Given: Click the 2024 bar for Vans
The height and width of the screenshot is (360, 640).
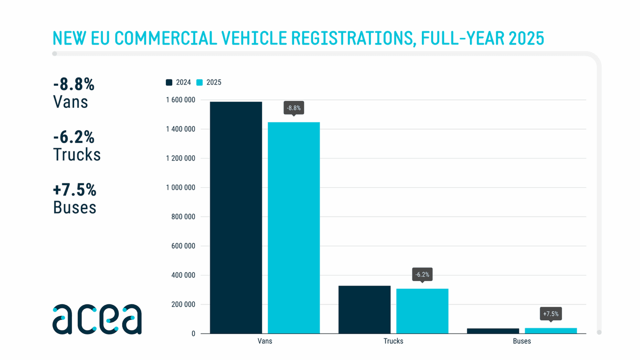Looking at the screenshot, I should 236,217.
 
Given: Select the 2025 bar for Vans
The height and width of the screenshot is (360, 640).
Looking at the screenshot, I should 293,228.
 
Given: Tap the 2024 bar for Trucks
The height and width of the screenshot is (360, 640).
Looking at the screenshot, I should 364,309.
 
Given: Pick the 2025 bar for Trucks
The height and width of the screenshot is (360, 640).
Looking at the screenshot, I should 422,311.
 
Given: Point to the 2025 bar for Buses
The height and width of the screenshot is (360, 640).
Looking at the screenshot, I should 550,331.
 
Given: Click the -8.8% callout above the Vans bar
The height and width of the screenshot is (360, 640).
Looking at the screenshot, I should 293,108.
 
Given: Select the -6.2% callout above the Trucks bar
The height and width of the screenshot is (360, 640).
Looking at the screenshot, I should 422,275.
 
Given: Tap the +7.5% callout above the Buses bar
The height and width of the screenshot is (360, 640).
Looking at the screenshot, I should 550,314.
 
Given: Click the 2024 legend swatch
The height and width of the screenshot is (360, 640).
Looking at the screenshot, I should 169,83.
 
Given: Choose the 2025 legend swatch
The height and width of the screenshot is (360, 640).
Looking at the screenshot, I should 200,83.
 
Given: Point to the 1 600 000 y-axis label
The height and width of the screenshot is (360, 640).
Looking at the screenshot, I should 180,100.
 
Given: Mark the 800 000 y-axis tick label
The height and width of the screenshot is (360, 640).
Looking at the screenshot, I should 183,217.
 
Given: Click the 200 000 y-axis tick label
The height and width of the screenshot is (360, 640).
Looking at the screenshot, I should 183,305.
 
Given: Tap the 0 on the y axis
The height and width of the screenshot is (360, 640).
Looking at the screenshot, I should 193,334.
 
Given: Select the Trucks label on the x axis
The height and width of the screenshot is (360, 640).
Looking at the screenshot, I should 393,341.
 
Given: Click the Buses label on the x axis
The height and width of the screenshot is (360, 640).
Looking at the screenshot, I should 522,341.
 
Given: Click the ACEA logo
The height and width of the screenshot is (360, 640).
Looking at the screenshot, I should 97,319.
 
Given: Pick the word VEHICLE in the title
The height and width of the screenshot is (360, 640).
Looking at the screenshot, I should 253,38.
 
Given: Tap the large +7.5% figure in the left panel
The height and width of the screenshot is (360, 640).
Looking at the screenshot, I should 75,190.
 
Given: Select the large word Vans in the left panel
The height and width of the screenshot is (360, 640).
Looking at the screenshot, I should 70,102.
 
